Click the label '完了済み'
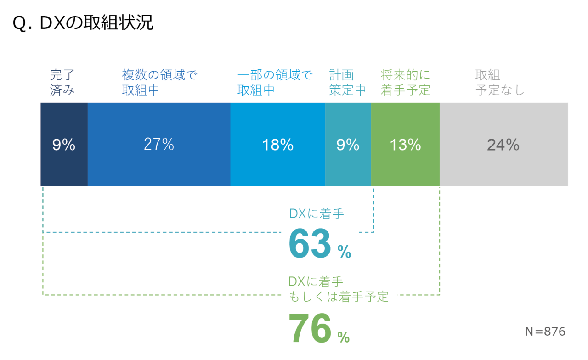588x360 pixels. [62, 83]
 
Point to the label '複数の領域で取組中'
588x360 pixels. [159, 83]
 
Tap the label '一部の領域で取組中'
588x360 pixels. [275, 83]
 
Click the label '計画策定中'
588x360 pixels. [347, 83]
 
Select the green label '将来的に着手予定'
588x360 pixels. [405, 83]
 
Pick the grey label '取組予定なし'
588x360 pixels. [500, 83]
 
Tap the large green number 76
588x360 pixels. [310, 328]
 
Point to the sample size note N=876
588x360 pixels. [545, 332]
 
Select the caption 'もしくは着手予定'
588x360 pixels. [339, 297]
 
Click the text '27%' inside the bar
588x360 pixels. [158, 145]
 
